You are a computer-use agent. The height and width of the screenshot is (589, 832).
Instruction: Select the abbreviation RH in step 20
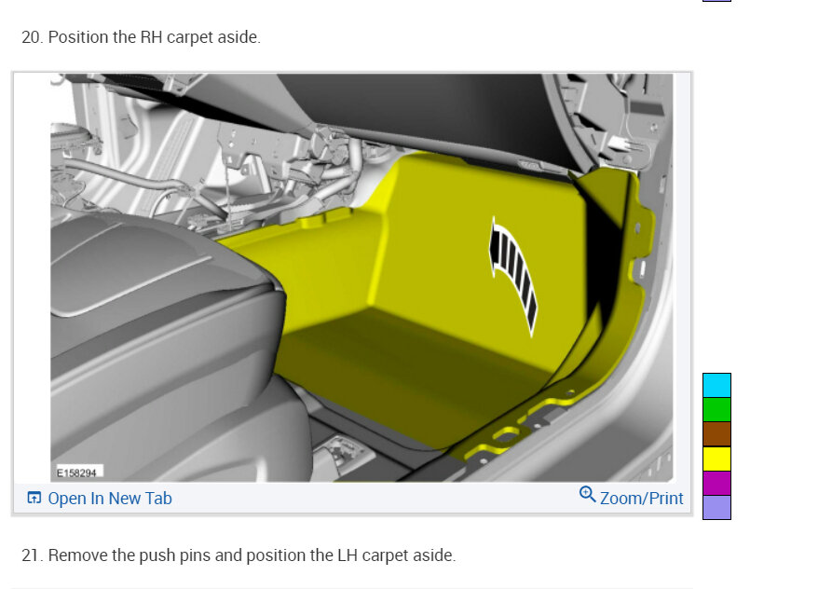coord(151,37)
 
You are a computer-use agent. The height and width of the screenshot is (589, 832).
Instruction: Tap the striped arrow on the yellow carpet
coord(512,276)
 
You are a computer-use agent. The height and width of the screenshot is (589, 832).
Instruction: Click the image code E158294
coord(77,473)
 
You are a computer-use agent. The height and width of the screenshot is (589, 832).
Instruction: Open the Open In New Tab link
coord(110,499)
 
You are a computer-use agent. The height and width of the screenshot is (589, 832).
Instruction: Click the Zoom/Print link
coord(642,499)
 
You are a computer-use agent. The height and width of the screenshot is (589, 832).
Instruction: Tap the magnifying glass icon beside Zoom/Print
coord(587,495)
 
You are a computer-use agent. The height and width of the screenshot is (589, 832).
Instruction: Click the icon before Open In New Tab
coord(34,498)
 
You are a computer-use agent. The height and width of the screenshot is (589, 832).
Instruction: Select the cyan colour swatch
coord(716,385)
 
